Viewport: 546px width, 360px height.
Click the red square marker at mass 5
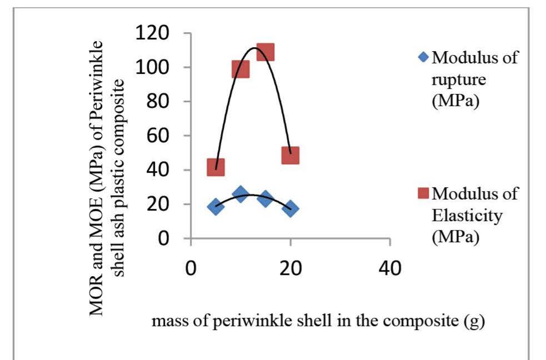(x=216, y=167)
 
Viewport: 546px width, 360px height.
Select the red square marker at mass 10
(x=241, y=69)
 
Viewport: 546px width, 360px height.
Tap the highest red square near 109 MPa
(x=266, y=52)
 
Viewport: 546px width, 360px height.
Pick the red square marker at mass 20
(x=290, y=155)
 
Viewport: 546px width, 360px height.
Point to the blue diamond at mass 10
(x=241, y=194)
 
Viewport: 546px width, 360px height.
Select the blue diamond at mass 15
(x=266, y=198)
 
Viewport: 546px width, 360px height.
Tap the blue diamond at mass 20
(x=290, y=208)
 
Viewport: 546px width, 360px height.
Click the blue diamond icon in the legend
(x=424, y=57)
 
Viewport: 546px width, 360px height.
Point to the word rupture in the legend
(x=459, y=80)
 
